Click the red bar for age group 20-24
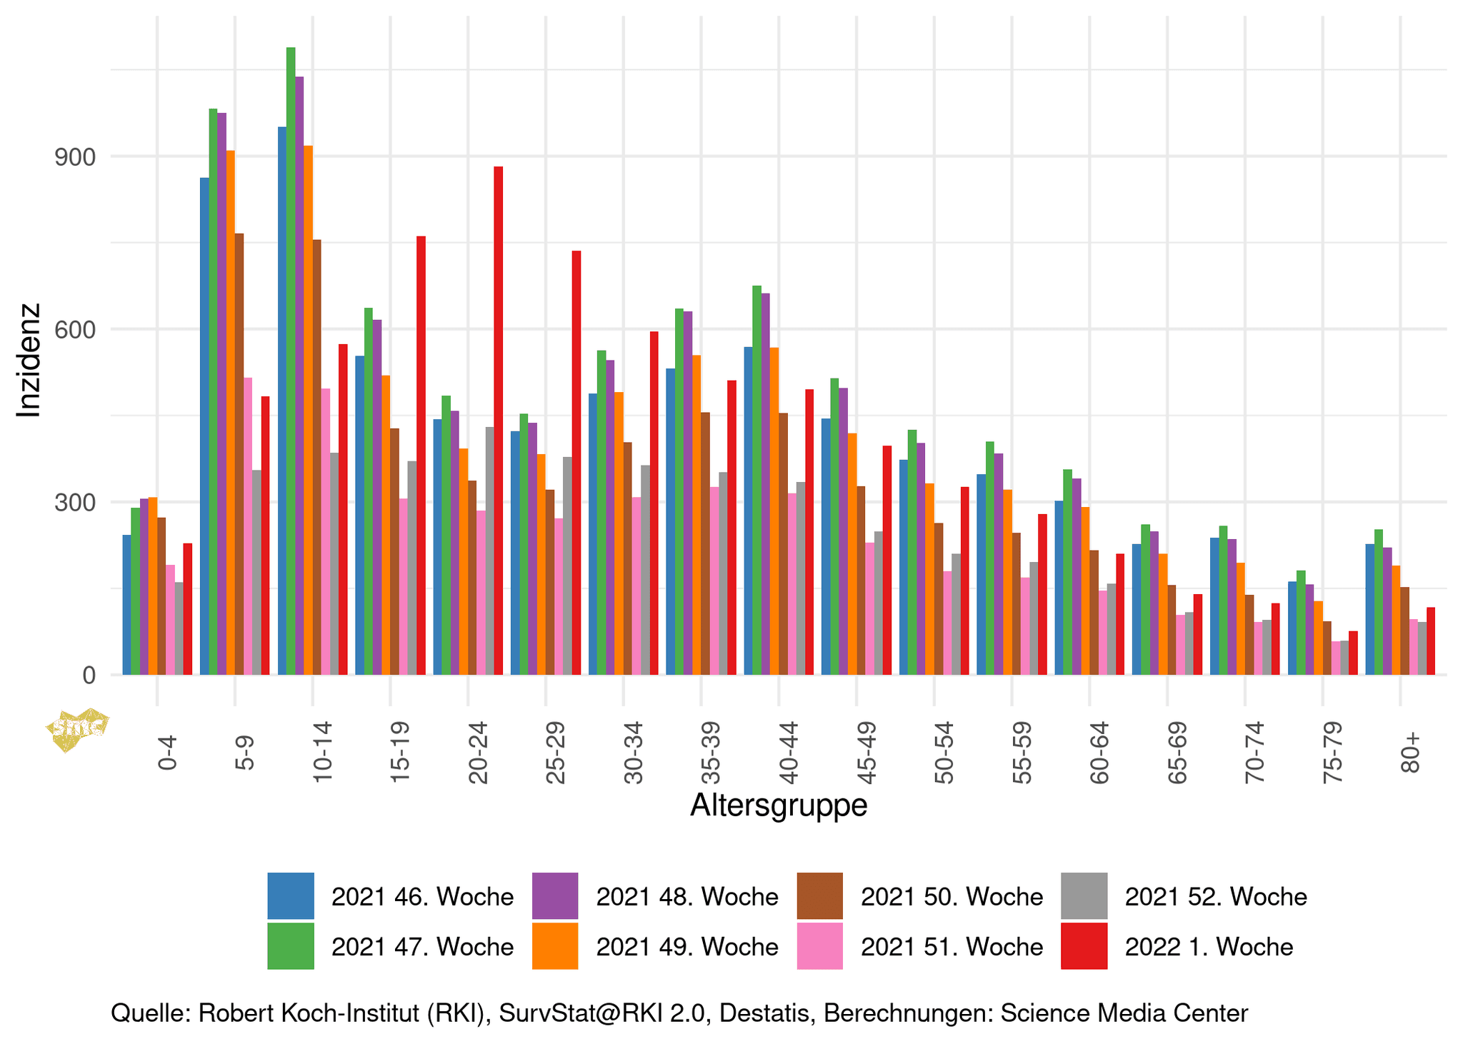(x=498, y=421)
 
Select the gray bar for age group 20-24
(x=489, y=551)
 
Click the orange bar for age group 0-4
(x=153, y=586)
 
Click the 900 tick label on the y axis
(x=76, y=157)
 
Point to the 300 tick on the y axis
(x=76, y=503)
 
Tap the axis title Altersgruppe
(x=779, y=805)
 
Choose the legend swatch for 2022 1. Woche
(x=1084, y=946)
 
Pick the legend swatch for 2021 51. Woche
(x=819, y=946)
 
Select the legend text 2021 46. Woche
(x=422, y=896)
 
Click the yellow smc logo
(x=77, y=729)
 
